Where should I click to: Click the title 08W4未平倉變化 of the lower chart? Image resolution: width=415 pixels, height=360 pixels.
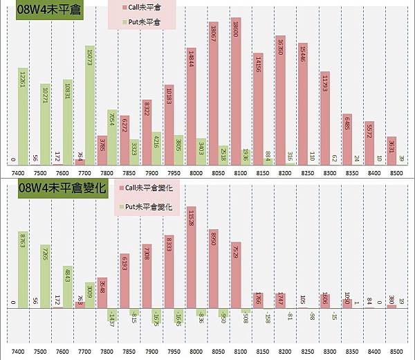(x=62, y=188)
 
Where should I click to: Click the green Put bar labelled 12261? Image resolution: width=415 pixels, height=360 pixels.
(x=24, y=114)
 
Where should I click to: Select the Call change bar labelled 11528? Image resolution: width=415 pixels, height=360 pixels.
(x=192, y=256)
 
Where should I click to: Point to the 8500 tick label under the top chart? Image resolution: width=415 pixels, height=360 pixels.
(x=395, y=170)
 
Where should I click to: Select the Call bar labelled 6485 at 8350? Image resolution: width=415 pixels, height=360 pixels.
(x=347, y=138)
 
